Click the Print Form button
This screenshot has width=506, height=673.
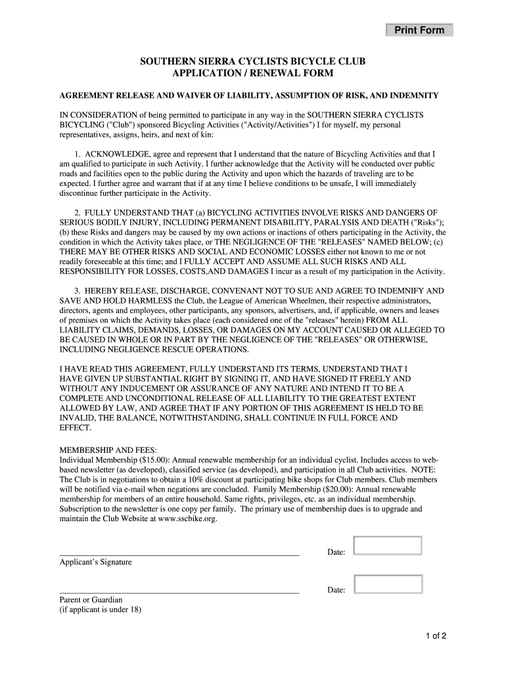coord(419,30)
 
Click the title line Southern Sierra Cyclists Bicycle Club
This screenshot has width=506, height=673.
coord(252,62)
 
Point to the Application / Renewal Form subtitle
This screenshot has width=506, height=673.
coord(252,73)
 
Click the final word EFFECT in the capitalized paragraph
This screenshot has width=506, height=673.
coord(76,427)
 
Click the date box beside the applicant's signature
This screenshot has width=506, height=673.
coord(387,546)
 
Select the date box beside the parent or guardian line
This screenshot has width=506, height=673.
coord(387,584)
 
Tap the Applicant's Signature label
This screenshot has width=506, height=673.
coord(95,562)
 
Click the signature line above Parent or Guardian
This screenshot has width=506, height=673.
coord(179,593)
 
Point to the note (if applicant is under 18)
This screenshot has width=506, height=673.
coord(101,609)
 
